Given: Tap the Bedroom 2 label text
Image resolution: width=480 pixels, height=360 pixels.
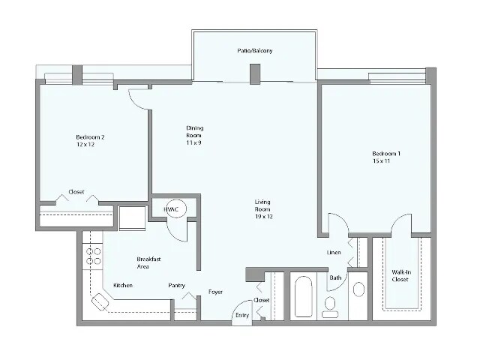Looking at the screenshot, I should click(x=90, y=140).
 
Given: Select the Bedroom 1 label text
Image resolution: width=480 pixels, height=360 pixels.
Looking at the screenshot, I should click(x=386, y=157).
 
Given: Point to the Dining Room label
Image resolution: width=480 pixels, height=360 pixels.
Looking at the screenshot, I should click(x=195, y=132).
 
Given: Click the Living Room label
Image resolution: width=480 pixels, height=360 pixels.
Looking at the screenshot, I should click(x=262, y=209).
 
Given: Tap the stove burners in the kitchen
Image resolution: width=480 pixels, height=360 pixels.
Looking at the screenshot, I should click(x=94, y=256).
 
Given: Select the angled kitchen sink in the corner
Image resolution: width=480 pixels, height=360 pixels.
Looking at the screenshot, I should click(x=100, y=304).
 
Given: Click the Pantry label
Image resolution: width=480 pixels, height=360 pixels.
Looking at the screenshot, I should click(x=177, y=285).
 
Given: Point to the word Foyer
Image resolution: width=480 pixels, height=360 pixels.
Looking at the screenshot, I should click(x=216, y=292).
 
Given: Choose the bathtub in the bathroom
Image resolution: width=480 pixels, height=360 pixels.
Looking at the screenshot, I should click(x=304, y=298).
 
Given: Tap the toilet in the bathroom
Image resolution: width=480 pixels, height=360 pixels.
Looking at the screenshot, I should click(x=329, y=304).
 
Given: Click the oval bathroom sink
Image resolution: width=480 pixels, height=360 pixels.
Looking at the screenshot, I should click(x=358, y=290).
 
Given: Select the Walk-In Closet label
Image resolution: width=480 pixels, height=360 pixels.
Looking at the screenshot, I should click(x=400, y=276).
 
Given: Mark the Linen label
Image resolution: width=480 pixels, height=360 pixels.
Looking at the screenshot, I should click(x=334, y=253).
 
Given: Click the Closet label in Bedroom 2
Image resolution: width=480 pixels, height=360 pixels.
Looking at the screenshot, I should click(x=76, y=191).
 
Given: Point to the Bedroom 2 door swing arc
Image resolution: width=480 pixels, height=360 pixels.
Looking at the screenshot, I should click(x=137, y=98).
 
